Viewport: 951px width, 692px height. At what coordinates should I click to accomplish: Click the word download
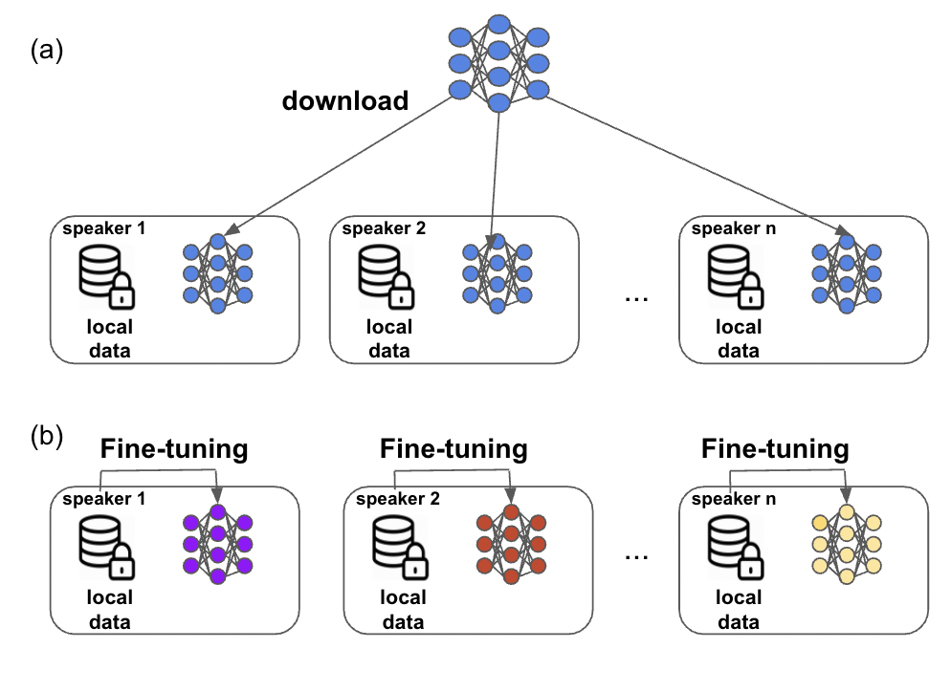tap(344, 100)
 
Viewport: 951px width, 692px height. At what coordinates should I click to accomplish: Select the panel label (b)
tap(47, 437)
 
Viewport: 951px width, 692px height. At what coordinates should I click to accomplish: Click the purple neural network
tap(218, 545)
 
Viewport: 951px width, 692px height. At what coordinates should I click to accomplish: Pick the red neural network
tap(511, 545)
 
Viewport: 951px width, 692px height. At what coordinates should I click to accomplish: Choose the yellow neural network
tap(846, 545)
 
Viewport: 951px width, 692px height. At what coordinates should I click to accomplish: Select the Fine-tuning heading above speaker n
tap(775, 449)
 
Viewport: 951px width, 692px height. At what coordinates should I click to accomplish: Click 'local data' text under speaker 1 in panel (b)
tap(109, 610)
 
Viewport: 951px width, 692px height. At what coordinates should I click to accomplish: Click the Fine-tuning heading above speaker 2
tap(453, 449)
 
